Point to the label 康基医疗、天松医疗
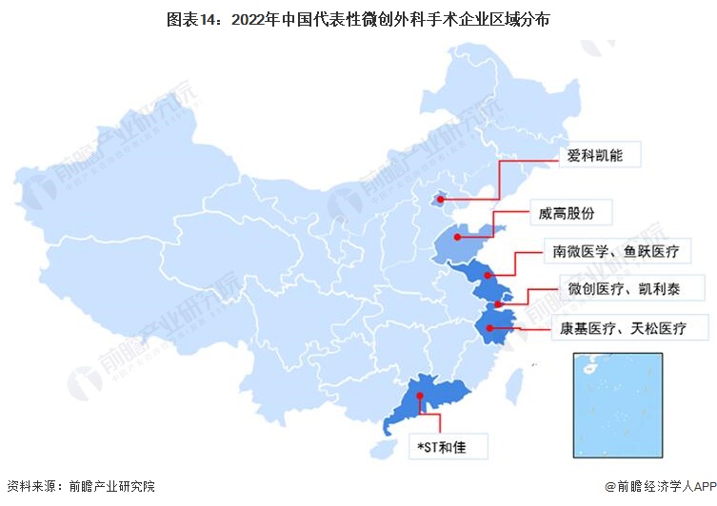(629, 328)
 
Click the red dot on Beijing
(438, 200)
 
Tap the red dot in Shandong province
(459, 237)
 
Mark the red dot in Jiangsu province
(488, 276)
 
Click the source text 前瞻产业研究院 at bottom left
(110, 486)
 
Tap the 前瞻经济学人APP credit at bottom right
(659, 486)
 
